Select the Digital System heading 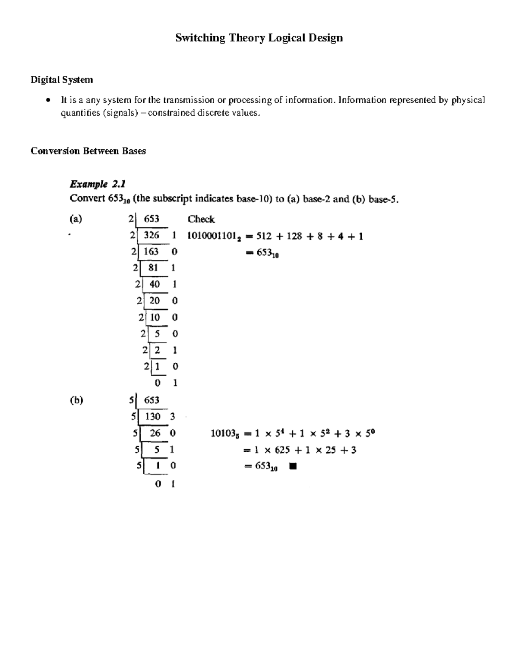[61, 80]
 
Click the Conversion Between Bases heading [88, 151]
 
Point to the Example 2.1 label [98, 184]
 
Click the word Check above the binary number [201, 219]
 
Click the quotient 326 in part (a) [152, 235]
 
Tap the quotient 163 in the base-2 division [151, 252]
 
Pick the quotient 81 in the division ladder [153, 268]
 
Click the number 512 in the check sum [264, 236]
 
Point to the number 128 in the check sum [295, 236]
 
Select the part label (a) [76, 219]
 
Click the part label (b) [76, 400]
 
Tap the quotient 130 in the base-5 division [152, 417]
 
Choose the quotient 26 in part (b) [155, 433]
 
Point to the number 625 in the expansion [282, 450]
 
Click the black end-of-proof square [293, 466]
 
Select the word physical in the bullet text [468, 101]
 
